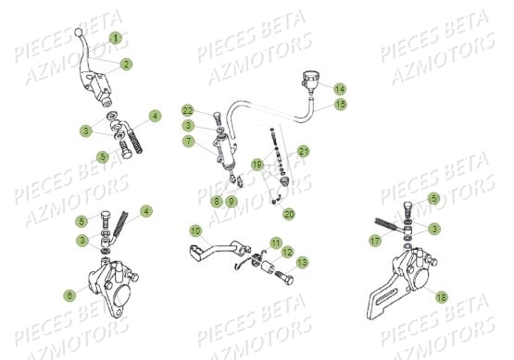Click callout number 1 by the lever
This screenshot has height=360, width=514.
pos(115,38)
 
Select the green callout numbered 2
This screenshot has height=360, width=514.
pos(125,64)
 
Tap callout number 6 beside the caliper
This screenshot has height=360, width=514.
pos(69,295)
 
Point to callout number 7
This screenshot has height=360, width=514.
pos(188,143)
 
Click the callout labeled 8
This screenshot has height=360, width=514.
pos(216,200)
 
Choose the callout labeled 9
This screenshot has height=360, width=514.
pos(232,200)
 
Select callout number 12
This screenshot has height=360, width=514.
pos(287,252)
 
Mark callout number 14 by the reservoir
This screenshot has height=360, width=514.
pos(339,89)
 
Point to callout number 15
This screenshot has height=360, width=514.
pos(341,105)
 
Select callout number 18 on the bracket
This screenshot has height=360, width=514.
pos(440,297)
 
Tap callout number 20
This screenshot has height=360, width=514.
pos(288,214)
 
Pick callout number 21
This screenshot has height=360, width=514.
pos(304,151)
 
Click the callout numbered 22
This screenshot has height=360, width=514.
pos(188,110)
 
